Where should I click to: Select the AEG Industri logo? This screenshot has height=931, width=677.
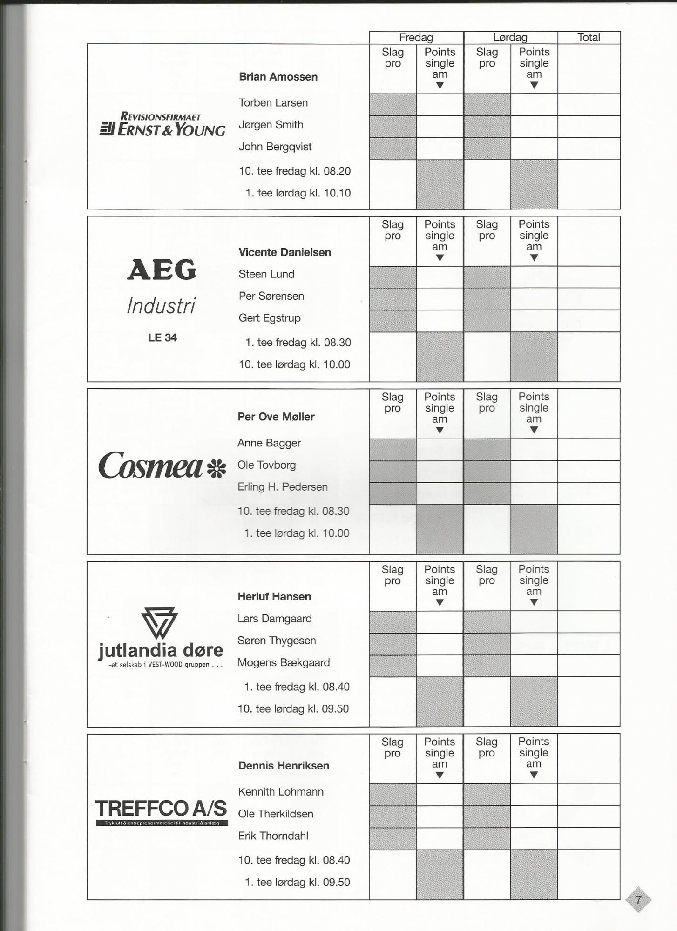click(162, 286)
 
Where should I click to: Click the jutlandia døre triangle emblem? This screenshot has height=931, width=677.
click(160, 623)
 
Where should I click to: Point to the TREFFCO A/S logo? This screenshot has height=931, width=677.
click(162, 811)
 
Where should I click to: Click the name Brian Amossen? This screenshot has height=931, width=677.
click(278, 77)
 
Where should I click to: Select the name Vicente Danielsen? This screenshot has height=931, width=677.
click(284, 252)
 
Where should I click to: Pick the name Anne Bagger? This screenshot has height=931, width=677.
click(269, 443)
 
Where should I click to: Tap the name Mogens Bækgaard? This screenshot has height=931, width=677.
click(284, 662)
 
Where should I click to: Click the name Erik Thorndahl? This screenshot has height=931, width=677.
click(273, 836)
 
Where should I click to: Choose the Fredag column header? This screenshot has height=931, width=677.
click(416, 38)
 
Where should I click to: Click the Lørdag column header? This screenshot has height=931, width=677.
click(510, 38)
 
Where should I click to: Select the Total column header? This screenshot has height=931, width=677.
click(589, 38)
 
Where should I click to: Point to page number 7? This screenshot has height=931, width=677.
click(638, 899)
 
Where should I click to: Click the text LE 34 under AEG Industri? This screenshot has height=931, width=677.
click(162, 338)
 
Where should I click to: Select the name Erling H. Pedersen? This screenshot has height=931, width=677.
click(283, 487)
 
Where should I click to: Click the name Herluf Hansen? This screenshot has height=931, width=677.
click(274, 596)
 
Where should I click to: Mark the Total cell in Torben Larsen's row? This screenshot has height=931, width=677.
click(589, 105)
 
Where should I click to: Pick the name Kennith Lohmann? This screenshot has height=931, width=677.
click(281, 792)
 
